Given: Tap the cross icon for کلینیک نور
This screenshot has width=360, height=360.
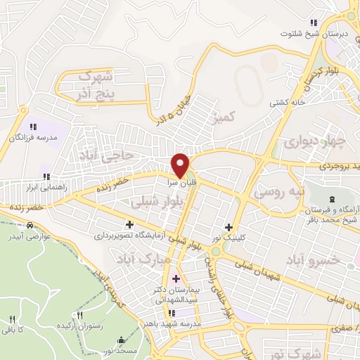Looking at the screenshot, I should (228, 226).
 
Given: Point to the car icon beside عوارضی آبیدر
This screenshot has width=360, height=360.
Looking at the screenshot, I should (30, 225).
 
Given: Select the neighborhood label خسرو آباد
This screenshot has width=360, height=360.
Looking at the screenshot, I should (311, 261).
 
